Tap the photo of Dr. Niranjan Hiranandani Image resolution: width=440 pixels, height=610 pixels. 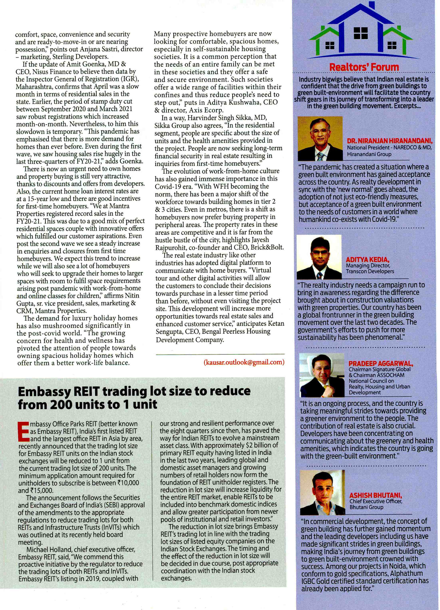[320, 138]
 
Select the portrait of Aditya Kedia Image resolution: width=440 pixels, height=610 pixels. [319, 257]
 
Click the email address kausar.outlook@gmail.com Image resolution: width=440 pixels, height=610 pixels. [244, 362]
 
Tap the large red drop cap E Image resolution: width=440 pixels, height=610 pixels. [23, 431]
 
